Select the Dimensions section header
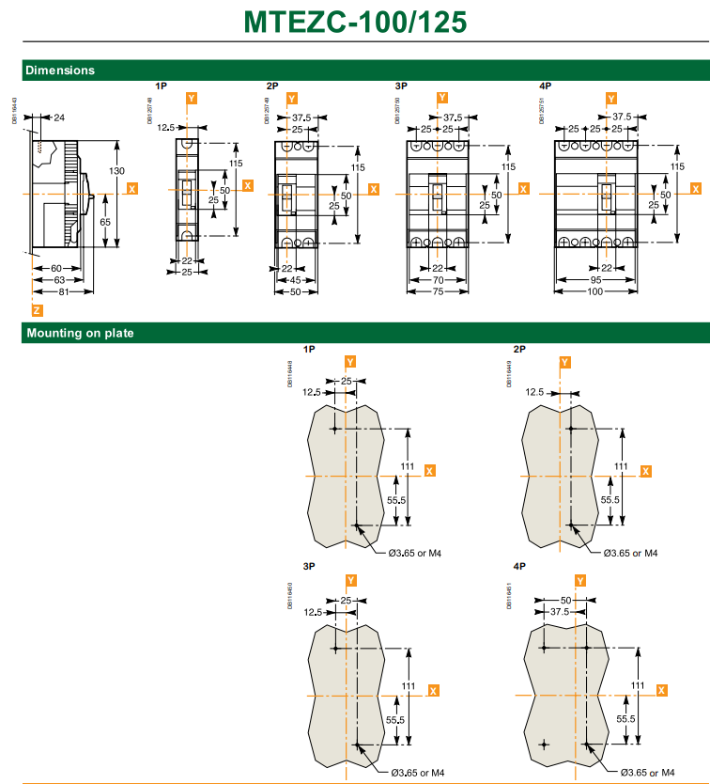click(60, 70)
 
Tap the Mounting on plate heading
click(80, 333)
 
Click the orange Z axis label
click(37, 310)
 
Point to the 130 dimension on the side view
click(116, 170)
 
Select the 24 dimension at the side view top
click(59, 118)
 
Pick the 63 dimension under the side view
click(58, 279)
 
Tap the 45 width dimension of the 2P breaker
click(296, 279)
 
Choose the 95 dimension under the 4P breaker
click(596, 279)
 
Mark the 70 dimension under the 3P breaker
click(438, 279)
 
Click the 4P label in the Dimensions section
click(546, 86)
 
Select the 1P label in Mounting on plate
click(310, 349)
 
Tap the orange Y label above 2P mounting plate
click(564, 362)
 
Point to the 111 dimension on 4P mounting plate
click(639, 684)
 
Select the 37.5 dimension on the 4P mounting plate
click(560, 611)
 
